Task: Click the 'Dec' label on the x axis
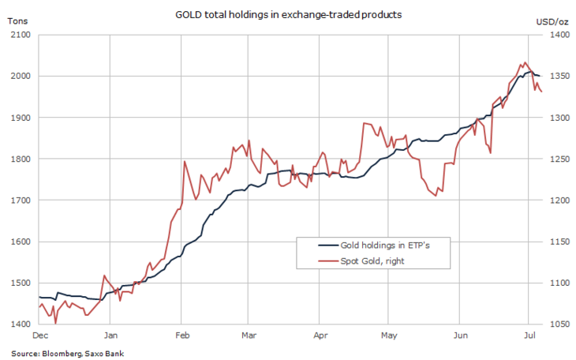(x=40, y=335)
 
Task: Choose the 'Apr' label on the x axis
(x=320, y=335)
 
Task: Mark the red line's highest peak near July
(x=525, y=62)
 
